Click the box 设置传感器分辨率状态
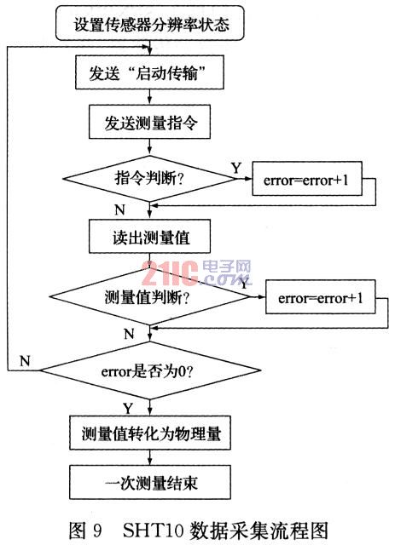150,23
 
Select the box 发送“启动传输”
149,72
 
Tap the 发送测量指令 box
149,122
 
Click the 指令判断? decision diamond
149,179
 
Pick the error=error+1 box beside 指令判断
307,179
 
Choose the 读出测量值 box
149,237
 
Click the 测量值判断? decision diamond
150,297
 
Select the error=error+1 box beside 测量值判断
321,297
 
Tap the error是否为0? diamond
150,370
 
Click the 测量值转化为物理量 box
150,433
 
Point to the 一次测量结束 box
150,483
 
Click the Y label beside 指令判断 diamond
236,169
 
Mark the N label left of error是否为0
25,361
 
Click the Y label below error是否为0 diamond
128,408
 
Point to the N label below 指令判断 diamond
119,210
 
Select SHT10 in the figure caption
154,530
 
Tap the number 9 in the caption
97,530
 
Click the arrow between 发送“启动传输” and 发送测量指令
150,97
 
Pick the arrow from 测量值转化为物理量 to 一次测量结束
150,458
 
